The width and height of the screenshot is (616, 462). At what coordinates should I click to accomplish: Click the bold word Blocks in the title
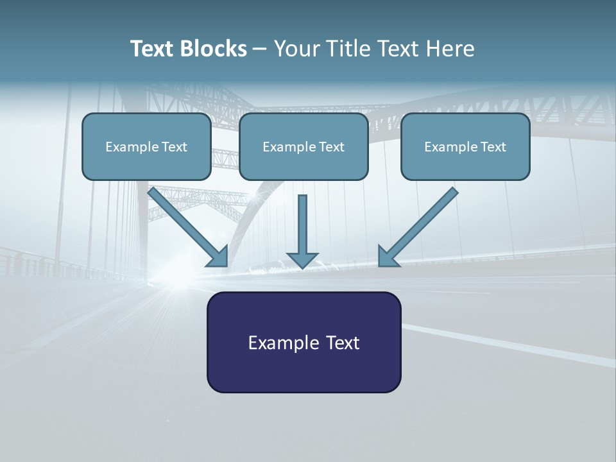[x=214, y=49]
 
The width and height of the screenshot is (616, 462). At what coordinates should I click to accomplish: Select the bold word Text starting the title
[x=154, y=49]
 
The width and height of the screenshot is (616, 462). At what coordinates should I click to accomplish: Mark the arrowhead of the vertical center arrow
[x=302, y=259]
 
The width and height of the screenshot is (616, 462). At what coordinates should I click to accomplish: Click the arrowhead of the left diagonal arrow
[x=218, y=256]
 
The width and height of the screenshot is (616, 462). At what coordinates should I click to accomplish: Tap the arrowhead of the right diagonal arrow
[x=388, y=256]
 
